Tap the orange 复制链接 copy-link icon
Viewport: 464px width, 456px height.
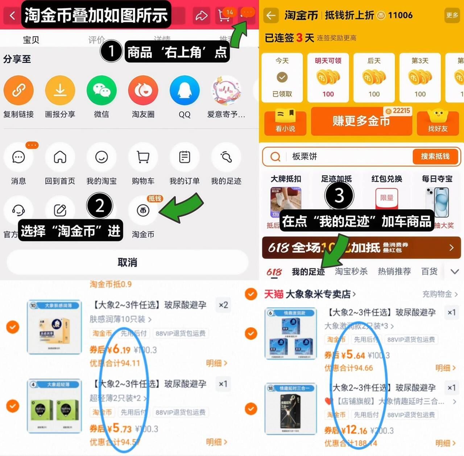[x=18, y=90]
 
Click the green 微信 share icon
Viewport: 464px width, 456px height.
[x=101, y=90]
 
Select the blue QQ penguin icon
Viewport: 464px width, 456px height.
[x=185, y=90]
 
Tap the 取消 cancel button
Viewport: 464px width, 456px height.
[x=127, y=262]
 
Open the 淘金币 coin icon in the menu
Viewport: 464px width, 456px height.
[x=143, y=211]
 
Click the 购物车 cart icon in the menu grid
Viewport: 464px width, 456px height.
[x=143, y=157]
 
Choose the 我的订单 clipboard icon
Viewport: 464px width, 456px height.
[x=185, y=157]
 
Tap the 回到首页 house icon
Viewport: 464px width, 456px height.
[x=60, y=157]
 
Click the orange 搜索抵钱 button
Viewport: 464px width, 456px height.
[x=435, y=156]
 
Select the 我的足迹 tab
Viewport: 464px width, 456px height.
[x=308, y=271]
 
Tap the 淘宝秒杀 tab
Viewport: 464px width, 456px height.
[x=351, y=271]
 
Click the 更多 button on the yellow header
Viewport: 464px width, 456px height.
[x=452, y=15]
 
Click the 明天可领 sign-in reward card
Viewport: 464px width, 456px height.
[x=328, y=78]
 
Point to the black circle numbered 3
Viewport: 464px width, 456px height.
[x=339, y=195]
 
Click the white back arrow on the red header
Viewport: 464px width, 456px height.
[x=12, y=16]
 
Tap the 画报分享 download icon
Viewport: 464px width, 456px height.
[x=60, y=90]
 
